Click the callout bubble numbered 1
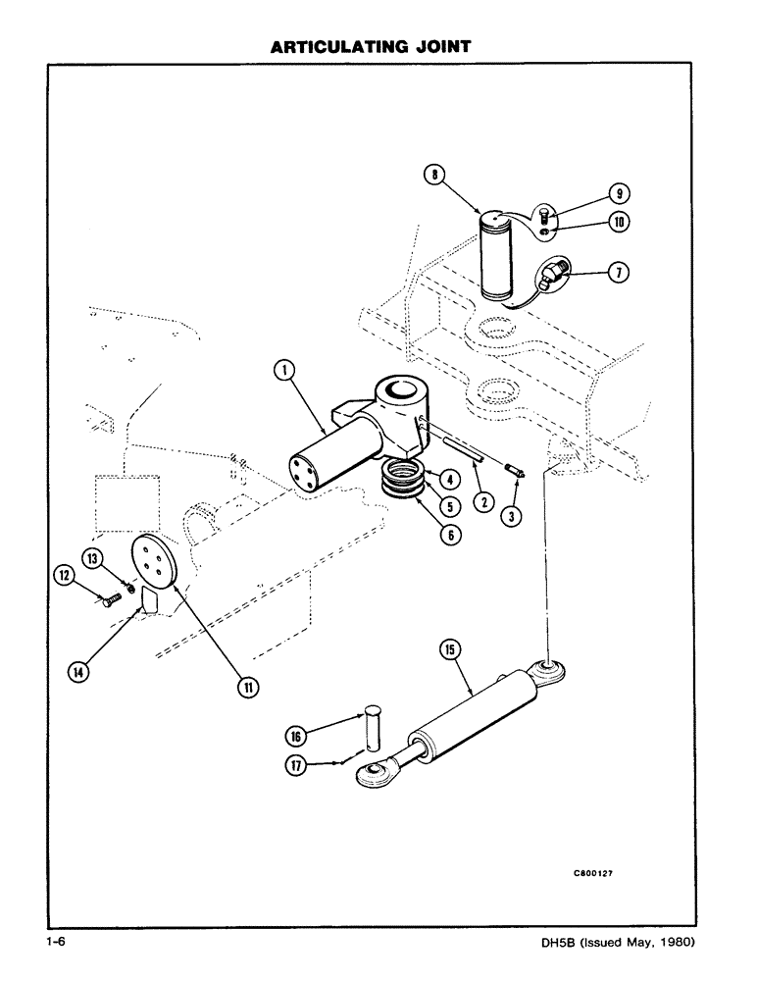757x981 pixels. click(x=281, y=370)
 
